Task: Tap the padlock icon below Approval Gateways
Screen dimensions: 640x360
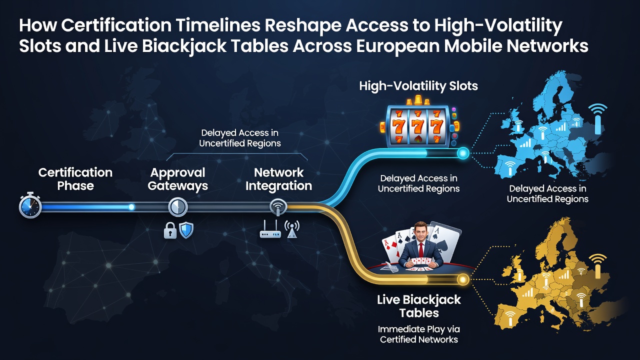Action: pyautogui.click(x=170, y=230)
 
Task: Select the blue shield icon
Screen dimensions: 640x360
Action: pyautogui.click(x=186, y=230)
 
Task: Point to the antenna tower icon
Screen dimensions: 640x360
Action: pyautogui.click(x=291, y=229)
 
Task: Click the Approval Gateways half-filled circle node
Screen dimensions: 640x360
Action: pyautogui.click(x=177, y=206)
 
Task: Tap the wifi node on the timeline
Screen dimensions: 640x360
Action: pyautogui.click(x=278, y=207)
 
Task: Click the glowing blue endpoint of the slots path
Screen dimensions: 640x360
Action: pyautogui.click(x=463, y=153)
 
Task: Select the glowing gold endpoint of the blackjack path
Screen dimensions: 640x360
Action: pyautogui.click(x=463, y=279)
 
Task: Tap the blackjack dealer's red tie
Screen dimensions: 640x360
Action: pyautogui.click(x=420, y=249)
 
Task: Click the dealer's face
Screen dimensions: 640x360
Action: pyautogui.click(x=420, y=232)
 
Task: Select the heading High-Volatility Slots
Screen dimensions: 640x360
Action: pyautogui.click(x=418, y=86)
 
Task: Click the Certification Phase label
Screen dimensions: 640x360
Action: pyautogui.click(x=75, y=179)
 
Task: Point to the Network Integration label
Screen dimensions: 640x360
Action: pyautogui.click(x=278, y=179)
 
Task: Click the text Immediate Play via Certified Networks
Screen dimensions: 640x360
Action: pyautogui.click(x=419, y=334)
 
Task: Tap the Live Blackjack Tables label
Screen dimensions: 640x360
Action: pyautogui.click(x=419, y=306)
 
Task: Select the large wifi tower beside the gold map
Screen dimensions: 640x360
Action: pyautogui.click(x=597, y=265)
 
